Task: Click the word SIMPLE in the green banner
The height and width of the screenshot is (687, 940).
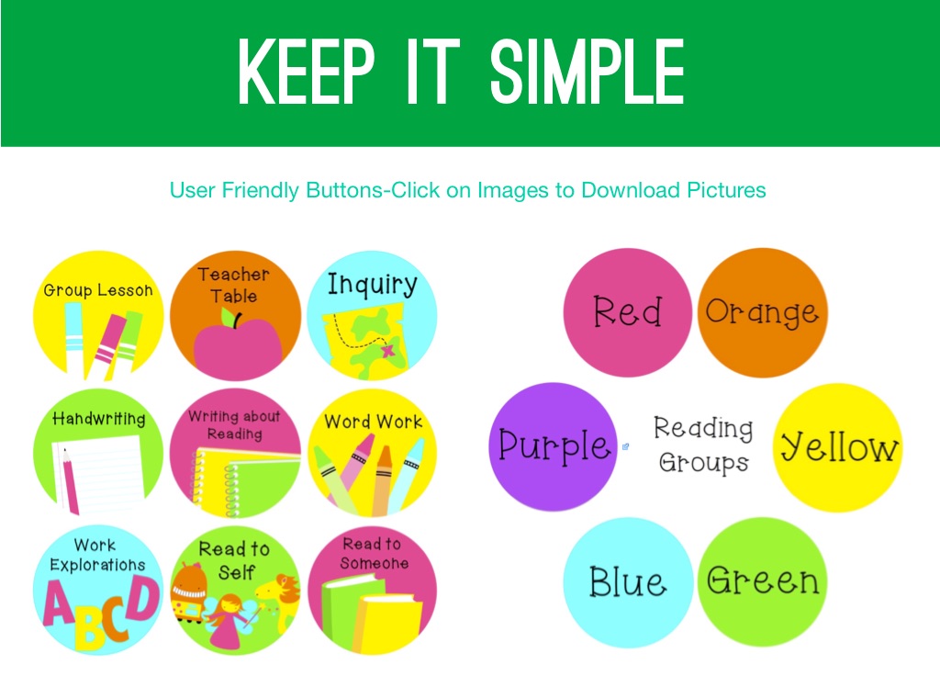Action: [587, 72]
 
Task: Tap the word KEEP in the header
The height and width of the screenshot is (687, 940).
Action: [307, 72]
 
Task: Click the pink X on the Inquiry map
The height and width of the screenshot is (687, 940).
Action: [388, 349]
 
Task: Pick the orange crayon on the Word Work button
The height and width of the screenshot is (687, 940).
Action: [382, 481]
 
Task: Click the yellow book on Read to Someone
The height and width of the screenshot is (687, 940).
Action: [388, 624]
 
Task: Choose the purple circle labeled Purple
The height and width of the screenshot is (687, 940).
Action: [554, 447]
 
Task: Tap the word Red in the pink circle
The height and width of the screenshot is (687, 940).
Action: [628, 311]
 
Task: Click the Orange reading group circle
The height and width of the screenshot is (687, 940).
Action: [763, 312]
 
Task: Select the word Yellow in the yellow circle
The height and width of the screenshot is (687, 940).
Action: [839, 447]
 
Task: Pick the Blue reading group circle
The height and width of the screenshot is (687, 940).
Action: [628, 582]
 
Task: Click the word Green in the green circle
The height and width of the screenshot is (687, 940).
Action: [763, 580]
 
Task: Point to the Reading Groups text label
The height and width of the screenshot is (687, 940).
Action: [703, 445]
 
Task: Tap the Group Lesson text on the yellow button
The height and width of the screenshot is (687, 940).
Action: [98, 290]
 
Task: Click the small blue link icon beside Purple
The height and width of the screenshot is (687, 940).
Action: [626, 446]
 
